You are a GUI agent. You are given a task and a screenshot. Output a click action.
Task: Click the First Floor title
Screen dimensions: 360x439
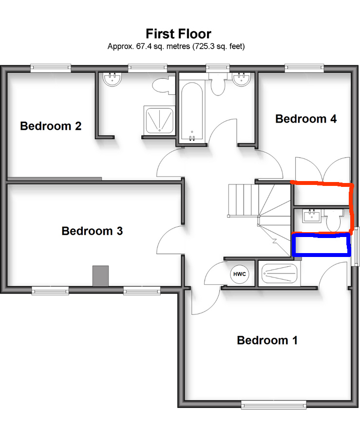[x=178, y=34]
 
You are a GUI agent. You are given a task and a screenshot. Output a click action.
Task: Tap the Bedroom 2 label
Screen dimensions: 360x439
[x=51, y=126]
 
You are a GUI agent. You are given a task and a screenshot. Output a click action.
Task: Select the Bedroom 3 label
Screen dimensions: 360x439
[x=92, y=231]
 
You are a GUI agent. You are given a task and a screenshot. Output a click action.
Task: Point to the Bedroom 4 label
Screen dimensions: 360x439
[x=306, y=119]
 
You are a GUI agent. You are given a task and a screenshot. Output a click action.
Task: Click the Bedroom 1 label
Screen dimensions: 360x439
[x=267, y=340]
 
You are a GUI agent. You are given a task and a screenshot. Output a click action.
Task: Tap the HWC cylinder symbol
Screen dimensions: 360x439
[x=240, y=274]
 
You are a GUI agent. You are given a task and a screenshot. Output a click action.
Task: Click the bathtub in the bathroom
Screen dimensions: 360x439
[x=192, y=111]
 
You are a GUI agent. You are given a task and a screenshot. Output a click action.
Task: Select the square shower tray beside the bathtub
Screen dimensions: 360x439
[x=159, y=120]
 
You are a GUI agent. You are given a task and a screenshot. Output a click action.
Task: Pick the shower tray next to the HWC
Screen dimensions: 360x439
[x=279, y=274]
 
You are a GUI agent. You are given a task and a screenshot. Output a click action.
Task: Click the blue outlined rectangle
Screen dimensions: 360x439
[x=321, y=245]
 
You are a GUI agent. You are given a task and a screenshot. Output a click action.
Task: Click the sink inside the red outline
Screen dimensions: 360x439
[x=312, y=216]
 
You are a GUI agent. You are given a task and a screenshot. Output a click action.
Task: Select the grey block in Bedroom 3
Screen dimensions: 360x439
[x=100, y=276]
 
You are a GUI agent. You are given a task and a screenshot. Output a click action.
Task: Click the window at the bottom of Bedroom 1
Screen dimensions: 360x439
[x=274, y=404]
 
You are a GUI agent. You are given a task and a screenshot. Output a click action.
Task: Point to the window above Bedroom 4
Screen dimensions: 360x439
[x=304, y=68]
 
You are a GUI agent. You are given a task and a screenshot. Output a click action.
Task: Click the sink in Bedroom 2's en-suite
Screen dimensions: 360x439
[x=113, y=79]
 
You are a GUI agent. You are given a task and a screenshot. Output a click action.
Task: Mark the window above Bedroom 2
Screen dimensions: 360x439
[x=51, y=68]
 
